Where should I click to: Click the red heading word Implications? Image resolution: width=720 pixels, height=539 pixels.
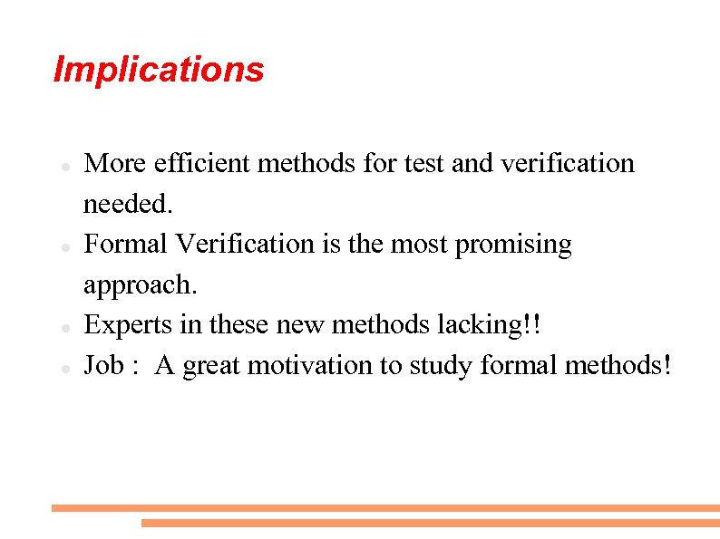click(159, 70)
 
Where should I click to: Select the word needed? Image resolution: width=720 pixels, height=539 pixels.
click(127, 204)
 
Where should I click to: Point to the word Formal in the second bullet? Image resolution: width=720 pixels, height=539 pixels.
click(126, 244)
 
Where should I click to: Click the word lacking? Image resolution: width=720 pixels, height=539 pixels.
click(498, 324)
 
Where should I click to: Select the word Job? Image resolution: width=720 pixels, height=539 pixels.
click(104, 365)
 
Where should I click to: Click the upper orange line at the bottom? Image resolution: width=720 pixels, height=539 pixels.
click(385, 508)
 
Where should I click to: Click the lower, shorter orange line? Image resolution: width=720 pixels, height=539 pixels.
click(430, 523)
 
